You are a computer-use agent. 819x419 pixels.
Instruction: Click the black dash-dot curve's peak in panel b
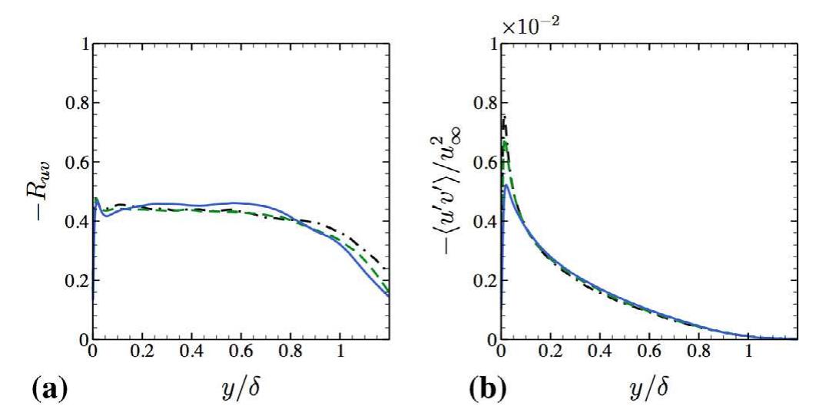[504, 116]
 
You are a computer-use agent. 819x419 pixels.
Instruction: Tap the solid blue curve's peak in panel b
[506, 185]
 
